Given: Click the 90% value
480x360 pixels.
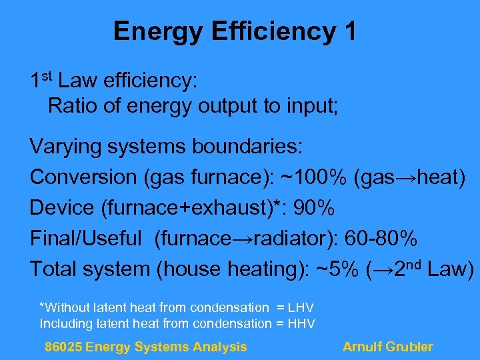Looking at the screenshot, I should pyautogui.click(x=313, y=208).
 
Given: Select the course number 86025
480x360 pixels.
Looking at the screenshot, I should pyautogui.click(x=63, y=347).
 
